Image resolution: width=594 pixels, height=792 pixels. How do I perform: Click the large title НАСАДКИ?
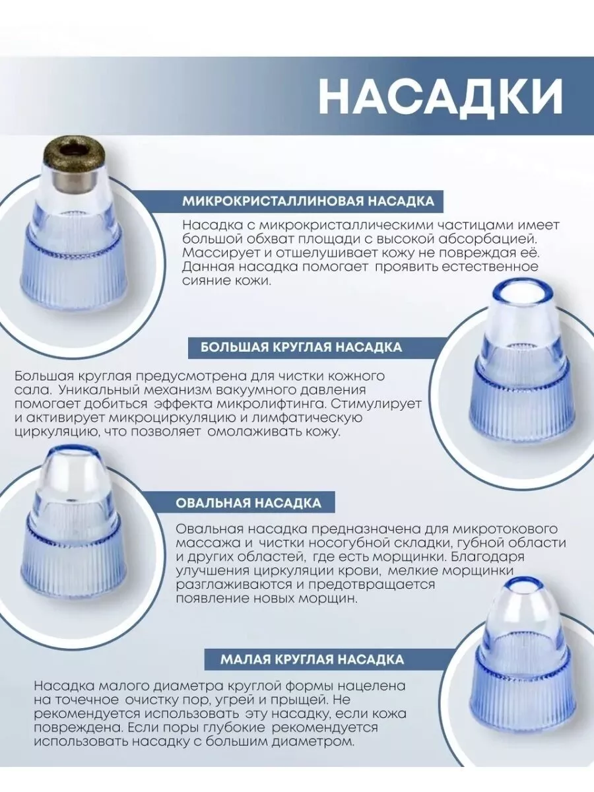coord(440,96)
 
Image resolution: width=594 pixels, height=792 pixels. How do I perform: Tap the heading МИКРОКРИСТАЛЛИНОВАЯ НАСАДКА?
coord(308,201)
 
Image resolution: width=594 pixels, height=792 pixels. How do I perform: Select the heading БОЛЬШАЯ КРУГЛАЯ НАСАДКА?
coord(301,347)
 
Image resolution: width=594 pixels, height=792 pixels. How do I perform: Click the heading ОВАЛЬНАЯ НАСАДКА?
coord(249,503)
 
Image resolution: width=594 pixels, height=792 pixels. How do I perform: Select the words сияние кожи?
coord(226,281)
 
